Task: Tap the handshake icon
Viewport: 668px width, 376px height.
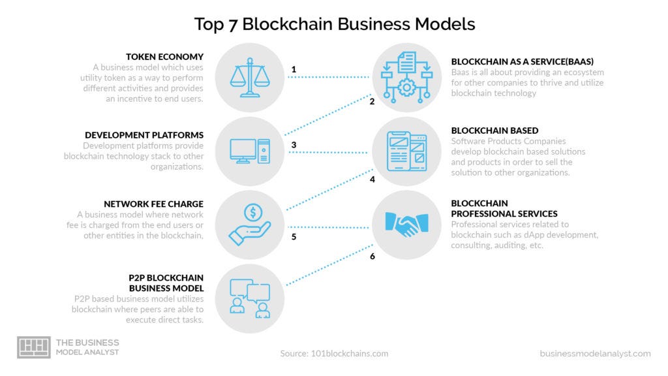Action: [x=406, y=225]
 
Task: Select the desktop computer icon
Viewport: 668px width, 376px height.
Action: [x=249, y=151]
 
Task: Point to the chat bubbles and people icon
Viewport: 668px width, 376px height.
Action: [x=249, y=298]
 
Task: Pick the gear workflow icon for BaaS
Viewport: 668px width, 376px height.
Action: [x=406, y=78]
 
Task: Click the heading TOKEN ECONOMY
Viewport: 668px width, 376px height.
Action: [x=165, y=57]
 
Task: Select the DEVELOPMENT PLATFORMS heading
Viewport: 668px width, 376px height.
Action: [x=144, y=135]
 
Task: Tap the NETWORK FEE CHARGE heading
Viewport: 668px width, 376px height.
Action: [x=154, y=204]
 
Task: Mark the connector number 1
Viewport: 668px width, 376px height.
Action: [x=294, y=69]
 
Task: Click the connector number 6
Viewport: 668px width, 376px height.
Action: [x=372, y=257]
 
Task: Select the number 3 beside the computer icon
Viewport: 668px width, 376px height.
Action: [x=294, y=145]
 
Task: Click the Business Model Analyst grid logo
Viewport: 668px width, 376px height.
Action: [x=33, y=347]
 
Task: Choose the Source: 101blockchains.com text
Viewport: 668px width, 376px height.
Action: [x=334, y=353]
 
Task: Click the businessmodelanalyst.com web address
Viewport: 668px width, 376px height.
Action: [x=595, y=353]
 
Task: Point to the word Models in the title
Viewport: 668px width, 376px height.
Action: [x=446, y=24]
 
